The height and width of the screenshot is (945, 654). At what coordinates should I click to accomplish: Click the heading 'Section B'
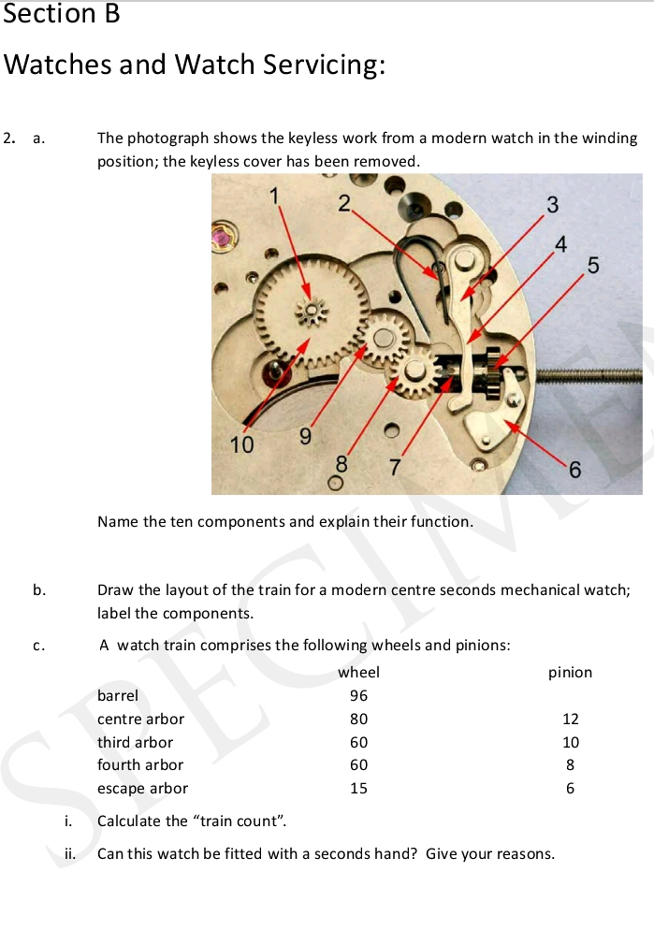point(62,15)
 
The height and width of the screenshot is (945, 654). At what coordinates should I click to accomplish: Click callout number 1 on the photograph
point(276,196)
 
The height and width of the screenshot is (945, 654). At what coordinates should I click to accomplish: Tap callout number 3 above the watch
point(552,204)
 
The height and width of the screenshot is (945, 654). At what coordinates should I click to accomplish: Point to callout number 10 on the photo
point(242,445)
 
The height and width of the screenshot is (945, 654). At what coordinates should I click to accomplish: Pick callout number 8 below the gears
point(342,462)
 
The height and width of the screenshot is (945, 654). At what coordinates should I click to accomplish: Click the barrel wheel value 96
point(358,695)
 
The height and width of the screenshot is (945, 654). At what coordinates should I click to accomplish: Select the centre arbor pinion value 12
point(571,719)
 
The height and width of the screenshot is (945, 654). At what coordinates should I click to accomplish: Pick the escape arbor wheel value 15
point(358,788)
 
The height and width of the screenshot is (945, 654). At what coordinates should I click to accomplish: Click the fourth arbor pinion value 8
point(571,764)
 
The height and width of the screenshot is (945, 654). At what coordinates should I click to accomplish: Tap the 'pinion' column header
point(570,672)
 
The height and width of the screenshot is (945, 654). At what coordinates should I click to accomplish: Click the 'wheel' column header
point(358,672)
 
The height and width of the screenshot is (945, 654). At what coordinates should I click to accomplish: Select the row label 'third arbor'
point(135,742)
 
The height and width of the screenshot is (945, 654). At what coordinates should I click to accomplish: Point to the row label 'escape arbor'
point(142,788)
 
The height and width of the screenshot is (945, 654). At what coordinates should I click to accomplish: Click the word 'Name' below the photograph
point(117,521)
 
